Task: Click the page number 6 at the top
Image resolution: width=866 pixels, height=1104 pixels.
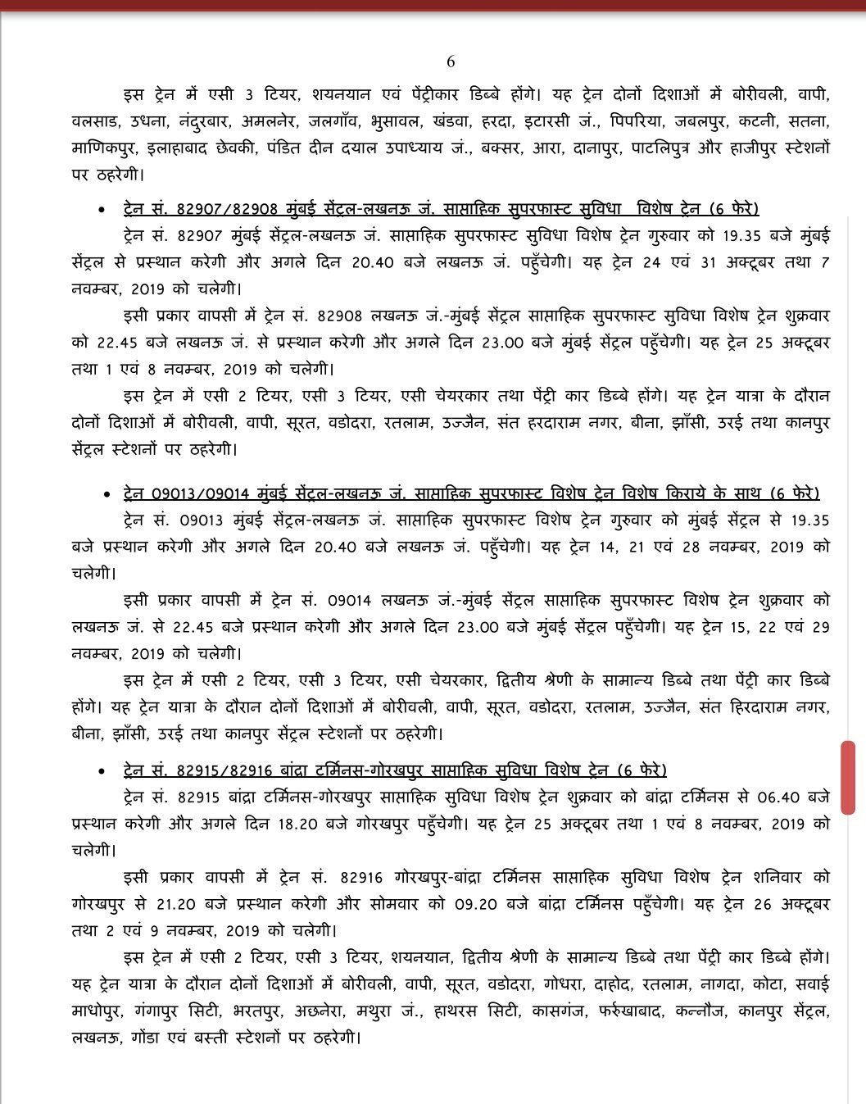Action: point(450,62)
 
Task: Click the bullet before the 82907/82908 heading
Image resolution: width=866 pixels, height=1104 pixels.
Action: point(101,211)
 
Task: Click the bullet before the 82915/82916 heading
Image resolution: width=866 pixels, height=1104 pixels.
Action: point(101,772)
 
